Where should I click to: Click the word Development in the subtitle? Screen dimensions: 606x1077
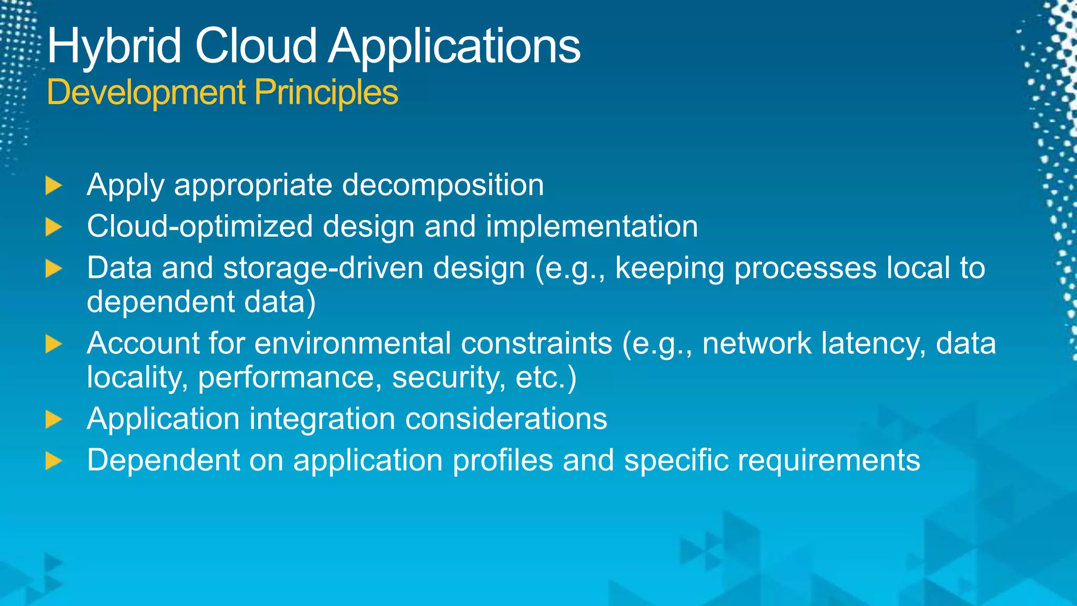click(146, 93)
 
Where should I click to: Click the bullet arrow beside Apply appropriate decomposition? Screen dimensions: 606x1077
click(53, 186)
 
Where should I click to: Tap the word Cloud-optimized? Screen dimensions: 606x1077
click(200, 227)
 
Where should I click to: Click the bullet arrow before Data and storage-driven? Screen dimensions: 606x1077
click(53, 268)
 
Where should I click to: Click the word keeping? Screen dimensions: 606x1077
click(669, 268)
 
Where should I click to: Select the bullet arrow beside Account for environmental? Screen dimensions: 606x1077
click(53, 345)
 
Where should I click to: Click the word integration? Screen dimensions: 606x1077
click(322, 419)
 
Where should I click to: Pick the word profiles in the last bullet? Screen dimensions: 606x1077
click(503, 460)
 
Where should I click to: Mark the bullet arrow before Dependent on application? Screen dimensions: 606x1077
click(53, 461)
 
